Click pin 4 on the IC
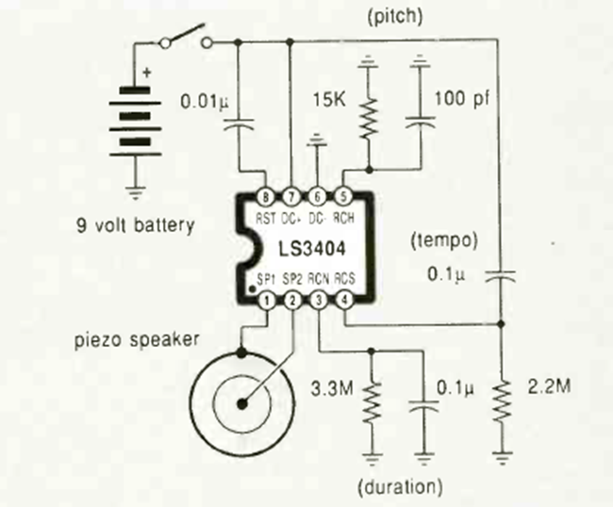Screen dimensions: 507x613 point(343,301)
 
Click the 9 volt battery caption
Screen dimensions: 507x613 point(137,225)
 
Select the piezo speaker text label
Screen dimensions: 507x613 point(137,339)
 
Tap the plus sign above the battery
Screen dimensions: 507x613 point(147,71)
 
